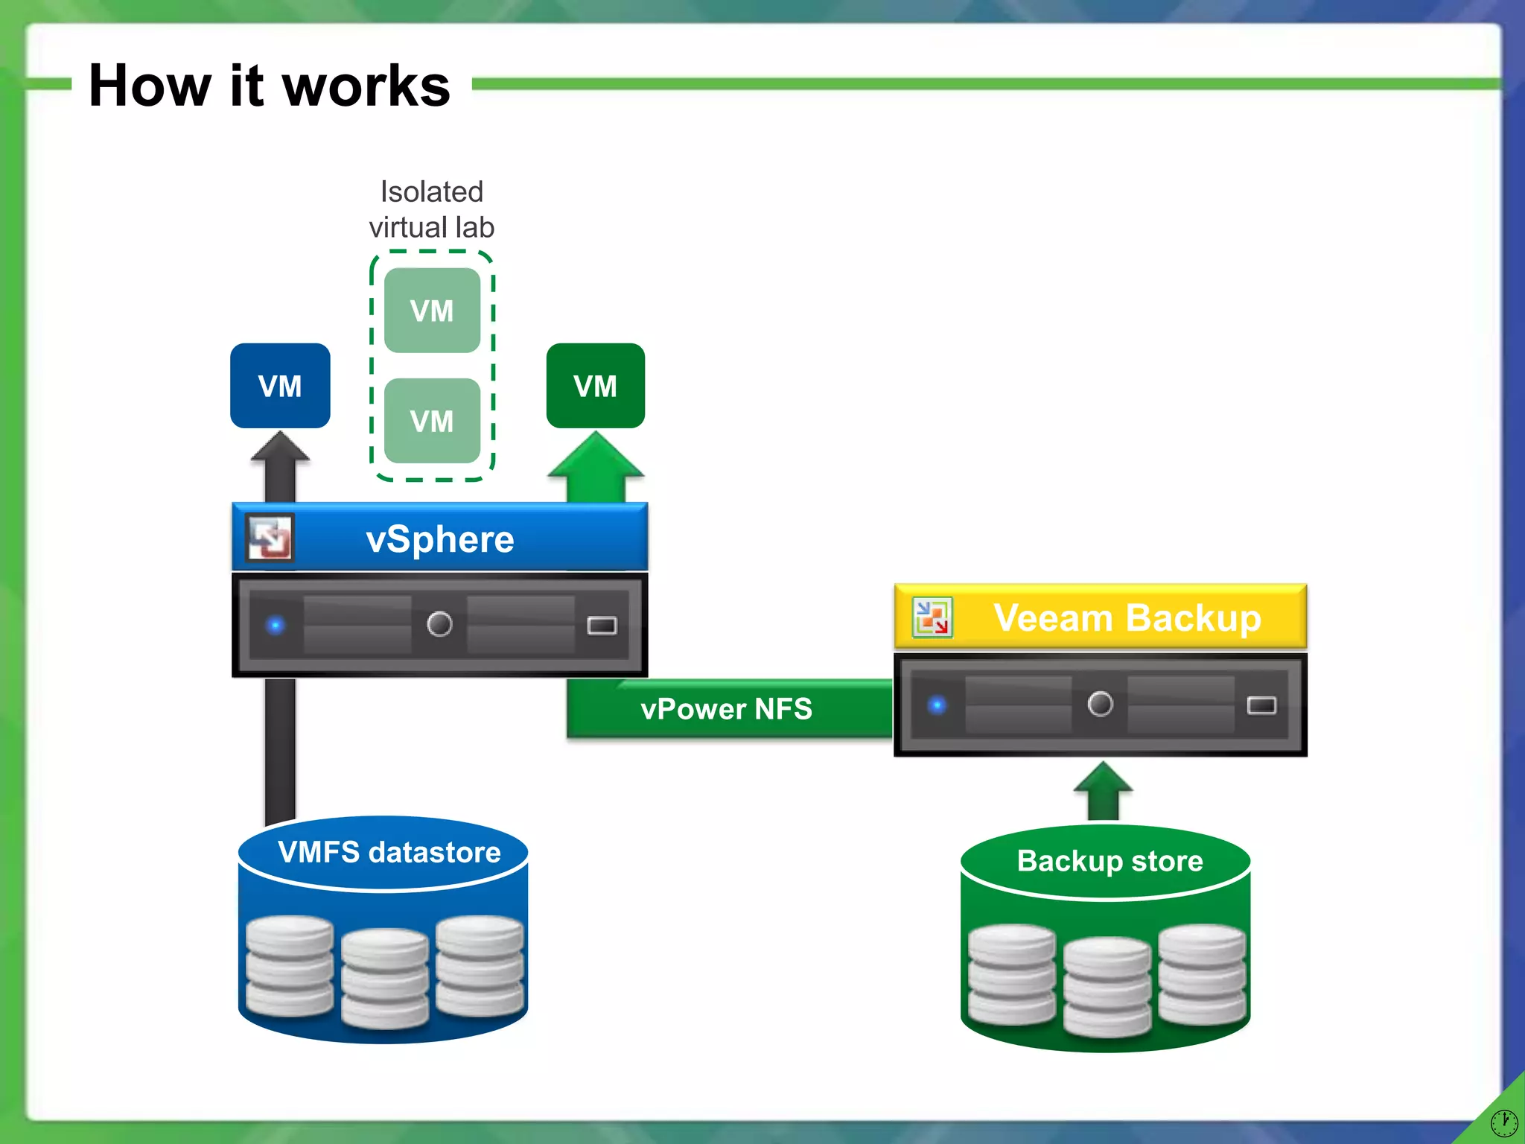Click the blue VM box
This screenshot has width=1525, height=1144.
coord(280,386)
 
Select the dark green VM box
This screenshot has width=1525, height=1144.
coord(595,386)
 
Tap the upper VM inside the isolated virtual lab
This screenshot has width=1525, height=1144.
coord(432,311)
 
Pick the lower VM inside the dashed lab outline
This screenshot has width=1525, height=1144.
coord(432,421)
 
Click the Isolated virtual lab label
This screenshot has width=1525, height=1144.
coord(432,209)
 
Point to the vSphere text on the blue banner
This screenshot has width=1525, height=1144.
coord(440,539)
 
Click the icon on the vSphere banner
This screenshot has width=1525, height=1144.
coord(270,538)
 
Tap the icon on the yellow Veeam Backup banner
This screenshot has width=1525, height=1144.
coord(932,617)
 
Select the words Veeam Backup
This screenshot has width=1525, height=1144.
coord(1127,618)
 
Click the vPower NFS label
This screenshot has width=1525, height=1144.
coord(726,709)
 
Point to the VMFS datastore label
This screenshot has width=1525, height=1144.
coord(389,852)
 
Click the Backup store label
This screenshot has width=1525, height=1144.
coord(1109,861)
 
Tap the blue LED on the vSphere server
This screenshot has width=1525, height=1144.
coord(276,625)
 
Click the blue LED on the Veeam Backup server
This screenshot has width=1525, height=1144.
coord(937,705)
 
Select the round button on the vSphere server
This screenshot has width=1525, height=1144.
coord(439,623)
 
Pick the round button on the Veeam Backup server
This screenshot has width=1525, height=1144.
coord(1100,704)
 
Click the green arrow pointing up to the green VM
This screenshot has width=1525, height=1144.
coord(595,469)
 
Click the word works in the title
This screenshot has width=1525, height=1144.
coord(366,86)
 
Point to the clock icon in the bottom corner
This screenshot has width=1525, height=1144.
coord(1503,1122)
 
